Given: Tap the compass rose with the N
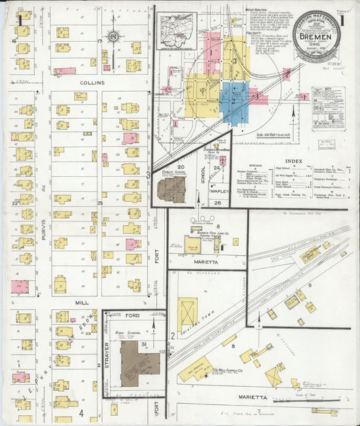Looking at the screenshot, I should point(113,35).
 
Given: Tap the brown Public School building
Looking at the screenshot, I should point(172,189).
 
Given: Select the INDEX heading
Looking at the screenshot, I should point(294,161).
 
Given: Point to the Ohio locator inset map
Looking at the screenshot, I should point(177,31).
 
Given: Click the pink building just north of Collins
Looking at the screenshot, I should point(65,71).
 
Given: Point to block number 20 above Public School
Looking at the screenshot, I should point(180,166).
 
